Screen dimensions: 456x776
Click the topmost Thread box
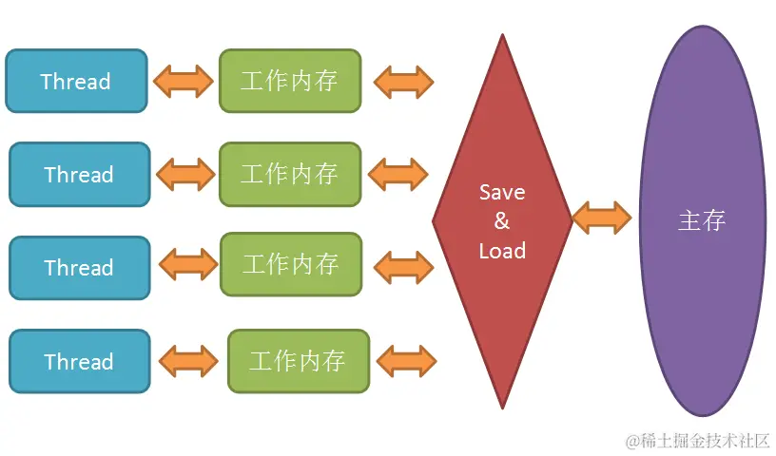pos(76,81)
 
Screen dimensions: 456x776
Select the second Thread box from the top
pos(79,174)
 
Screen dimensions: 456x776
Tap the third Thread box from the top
pos(79,267)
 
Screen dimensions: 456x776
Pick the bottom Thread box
pos(79,361)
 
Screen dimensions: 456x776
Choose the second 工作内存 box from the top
pos(289,174)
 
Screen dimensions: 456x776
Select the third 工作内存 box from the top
pos(291,264)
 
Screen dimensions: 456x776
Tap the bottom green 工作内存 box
pos(298,361)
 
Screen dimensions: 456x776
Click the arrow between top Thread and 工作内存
pos(184,81)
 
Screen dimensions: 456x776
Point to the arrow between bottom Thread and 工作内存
pos(188,361)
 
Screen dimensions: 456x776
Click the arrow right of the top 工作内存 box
pos(404,82)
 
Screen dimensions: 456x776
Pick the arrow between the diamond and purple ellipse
pos(602,218)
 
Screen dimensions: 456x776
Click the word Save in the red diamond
pos(501,192)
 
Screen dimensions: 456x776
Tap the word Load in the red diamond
pos(502,251)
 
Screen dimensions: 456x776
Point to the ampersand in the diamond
pos(501,221)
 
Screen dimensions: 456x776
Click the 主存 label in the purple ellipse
pos(702,220)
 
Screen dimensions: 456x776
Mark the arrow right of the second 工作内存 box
pos(398,174)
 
